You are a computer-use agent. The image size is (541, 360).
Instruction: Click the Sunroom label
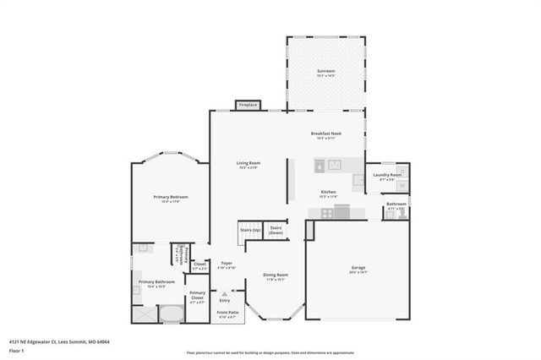point(325,71)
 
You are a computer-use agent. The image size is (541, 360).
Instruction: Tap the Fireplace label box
point(248,105)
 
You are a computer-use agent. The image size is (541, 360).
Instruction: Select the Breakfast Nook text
point(325,135)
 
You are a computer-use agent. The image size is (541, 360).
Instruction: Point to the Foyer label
point(227,264)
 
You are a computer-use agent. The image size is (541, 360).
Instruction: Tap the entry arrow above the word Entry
point(224,293)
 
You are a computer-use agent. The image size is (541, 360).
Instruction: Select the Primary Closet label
point(197,296)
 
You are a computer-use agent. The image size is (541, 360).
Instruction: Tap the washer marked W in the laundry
point(402,184)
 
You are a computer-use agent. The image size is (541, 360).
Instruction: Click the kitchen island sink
point(333,164)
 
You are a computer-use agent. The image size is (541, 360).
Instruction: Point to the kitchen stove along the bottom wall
point(341,211)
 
